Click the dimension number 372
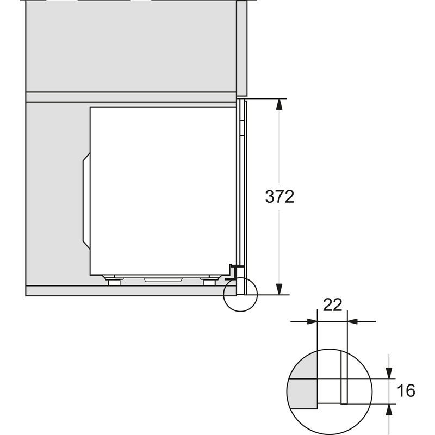coord(279,196)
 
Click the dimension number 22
coord(332,305)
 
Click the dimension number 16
coord(406,390)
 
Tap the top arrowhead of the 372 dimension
coord(279,104)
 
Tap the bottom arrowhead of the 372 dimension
coord(279,289)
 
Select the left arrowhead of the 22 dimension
coord(312,321)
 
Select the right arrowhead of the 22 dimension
coord(352,321)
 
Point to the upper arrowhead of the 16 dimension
coord(389,373)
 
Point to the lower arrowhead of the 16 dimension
coord(389,409)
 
